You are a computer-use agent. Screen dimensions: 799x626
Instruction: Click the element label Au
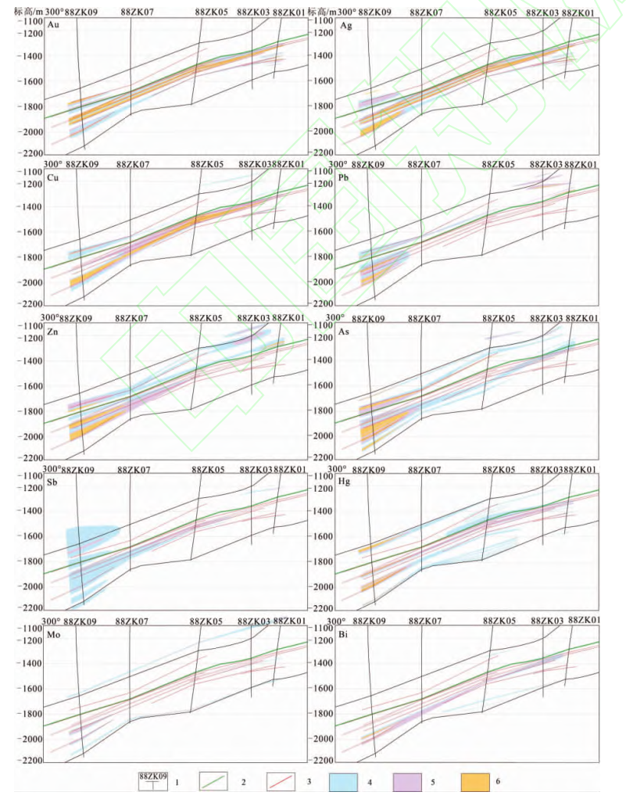[53, 26]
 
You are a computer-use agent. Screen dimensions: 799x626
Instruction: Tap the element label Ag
[346, 26]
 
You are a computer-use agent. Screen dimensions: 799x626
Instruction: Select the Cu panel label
[53, 177]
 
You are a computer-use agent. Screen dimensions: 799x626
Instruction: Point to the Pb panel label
[345, 177]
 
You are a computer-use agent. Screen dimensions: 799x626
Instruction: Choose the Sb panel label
[53, 481]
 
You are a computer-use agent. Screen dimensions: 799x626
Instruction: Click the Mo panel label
[54, 634]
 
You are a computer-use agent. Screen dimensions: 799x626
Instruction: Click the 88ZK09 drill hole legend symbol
[153, 781]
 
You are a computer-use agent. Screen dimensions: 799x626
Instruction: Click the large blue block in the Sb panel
[90, 539]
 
